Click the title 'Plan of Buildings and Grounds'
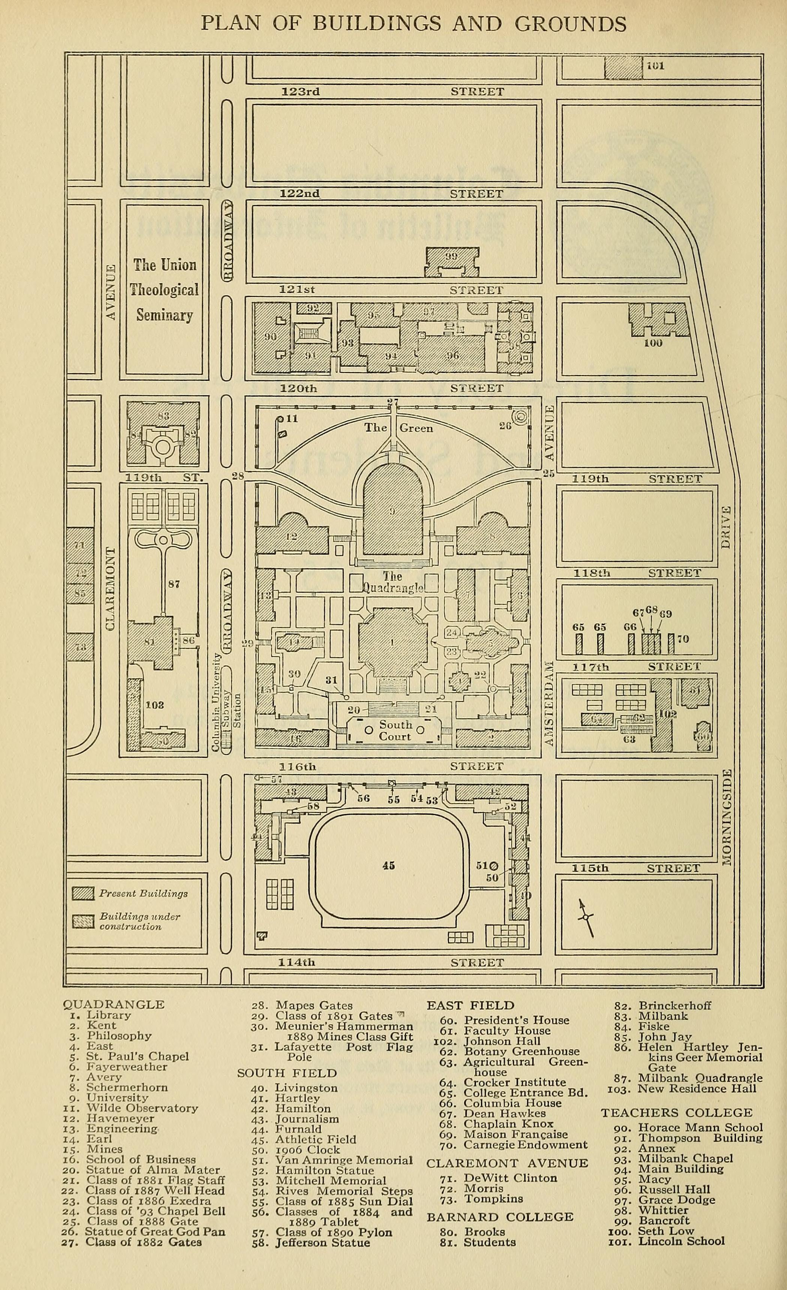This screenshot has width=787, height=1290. point(414,24)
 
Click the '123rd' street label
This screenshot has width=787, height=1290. point(301,91)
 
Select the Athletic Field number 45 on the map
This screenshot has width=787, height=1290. point(388,865)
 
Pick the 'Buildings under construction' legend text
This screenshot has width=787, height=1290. point(139,922)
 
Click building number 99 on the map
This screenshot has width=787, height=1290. point(451,256)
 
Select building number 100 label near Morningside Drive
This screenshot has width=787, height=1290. point(653,343)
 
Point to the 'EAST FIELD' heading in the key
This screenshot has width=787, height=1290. point(470,1005)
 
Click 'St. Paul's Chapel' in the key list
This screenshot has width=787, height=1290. point(137,1057)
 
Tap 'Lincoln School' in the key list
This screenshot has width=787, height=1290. point(681,1241)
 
